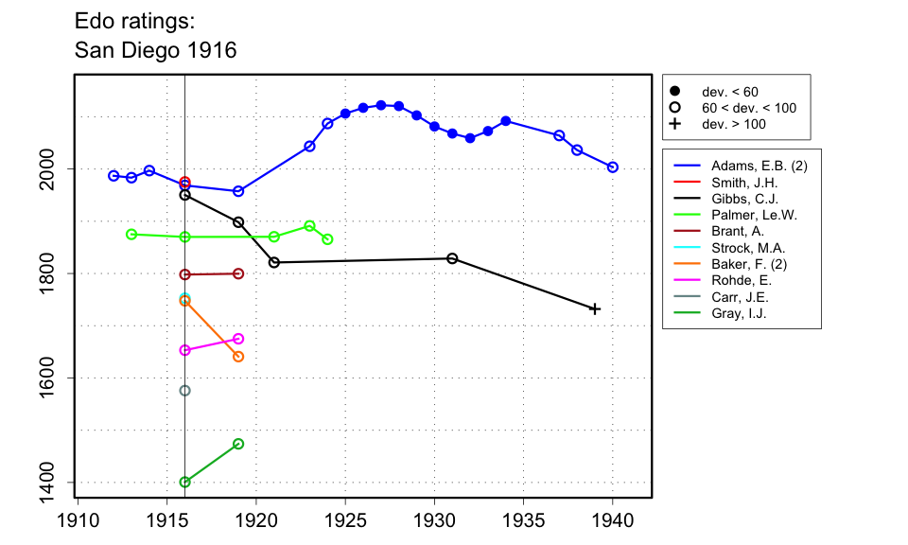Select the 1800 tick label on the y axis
[x=47, y=273]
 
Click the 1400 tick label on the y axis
[x=47, y=483]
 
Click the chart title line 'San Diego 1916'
[x=155, y=50]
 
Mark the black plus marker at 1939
[x=595, y=309]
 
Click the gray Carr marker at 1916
[x=184, y=391]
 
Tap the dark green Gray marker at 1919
[x=238, y=444]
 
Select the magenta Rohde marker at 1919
[x=238, y=339]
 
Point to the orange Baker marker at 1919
[x=238, y=357]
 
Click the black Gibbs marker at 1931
[x=452, y=258]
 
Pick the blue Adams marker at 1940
[x=613, y=167]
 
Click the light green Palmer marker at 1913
[x=131, y=235]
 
